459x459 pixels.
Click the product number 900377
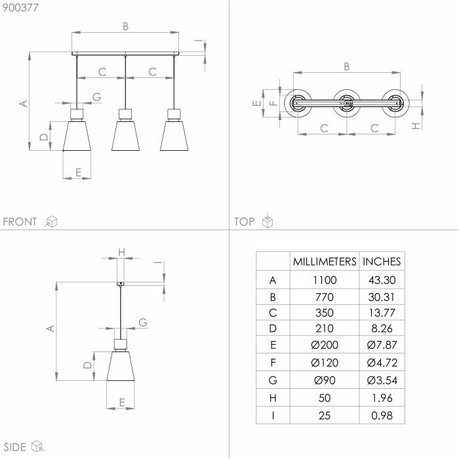(x=20, y=7)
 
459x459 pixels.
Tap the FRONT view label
(x=20, y=222)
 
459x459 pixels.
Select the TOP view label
(x=245, y=222)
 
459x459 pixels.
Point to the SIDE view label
(x=15, y=447)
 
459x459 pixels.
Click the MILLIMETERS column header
(x=325, y=262)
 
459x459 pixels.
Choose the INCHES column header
(x=382, y=262)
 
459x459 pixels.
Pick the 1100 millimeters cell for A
(x=325, y=280)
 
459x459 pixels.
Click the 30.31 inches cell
(x=382, y=297)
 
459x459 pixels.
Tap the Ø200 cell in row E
(x=325, y=345)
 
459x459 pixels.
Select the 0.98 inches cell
(x=382, y=415)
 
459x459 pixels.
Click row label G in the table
(x=273, y=380)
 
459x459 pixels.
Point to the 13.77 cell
(x=382, y=313)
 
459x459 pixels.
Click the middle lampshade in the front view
(x=125, y=136)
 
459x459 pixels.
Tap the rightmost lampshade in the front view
(x=174, y=136)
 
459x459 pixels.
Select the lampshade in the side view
(x=120, y=366)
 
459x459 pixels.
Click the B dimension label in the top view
(x=347, y=67)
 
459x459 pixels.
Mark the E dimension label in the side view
(x=122, y=403)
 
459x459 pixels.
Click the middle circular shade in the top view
(x=347, y=103)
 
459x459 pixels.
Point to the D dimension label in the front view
(x=44, y=136)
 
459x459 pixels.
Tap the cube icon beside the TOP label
(x=268, y=221)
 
